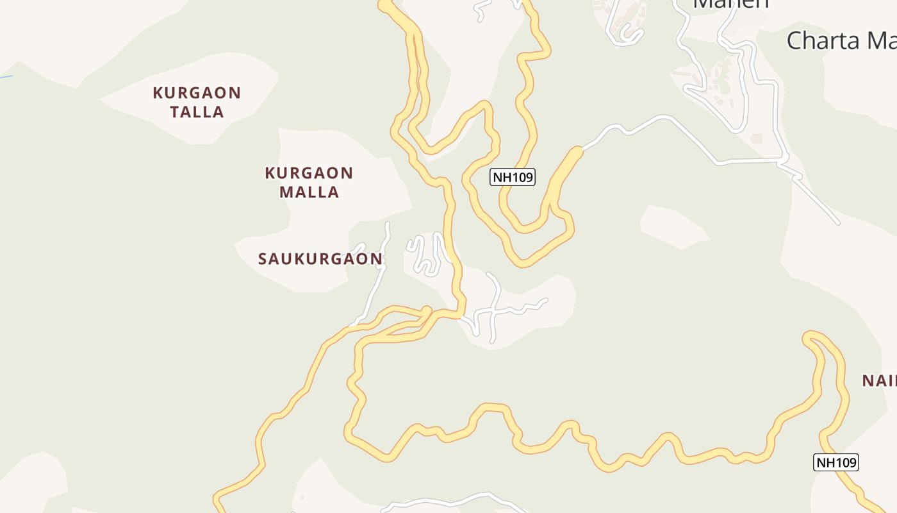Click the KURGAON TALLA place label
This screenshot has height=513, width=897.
pyautogui.click(x=197, y=103)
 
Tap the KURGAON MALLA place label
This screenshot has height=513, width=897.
pyautogui.click(x=309, y=182)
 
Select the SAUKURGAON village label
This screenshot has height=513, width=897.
pyautogui.click(x=320, y=259)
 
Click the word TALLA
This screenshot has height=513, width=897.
pyautogui.click(x=197, y=112)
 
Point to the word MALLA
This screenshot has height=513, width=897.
pyautogui.click(x=309, y=192)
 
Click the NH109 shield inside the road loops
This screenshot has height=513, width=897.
pyautogui.click(x=512, y=177)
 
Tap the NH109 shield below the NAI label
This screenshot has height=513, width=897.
pyautogui.click(x=835, y=462)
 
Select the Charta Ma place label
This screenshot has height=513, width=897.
pyautogui.click(x=841, y=40)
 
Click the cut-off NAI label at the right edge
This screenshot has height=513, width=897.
pyautogui.click(x=878, y=381)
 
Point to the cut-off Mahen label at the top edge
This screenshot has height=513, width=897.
pyautogui.click(x=730, y=4)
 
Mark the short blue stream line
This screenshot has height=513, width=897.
pyautogui.click(x=6, y=78)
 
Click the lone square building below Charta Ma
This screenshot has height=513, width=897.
pyautogui.click(x=757, y=139)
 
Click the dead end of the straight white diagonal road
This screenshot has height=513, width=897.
pyautogui.click(x=837, y=223)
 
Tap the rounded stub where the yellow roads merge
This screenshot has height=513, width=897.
pyautogui.click(x=426, y=311)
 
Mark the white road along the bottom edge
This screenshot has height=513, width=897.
pyautogui.click(x=448, y=501)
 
